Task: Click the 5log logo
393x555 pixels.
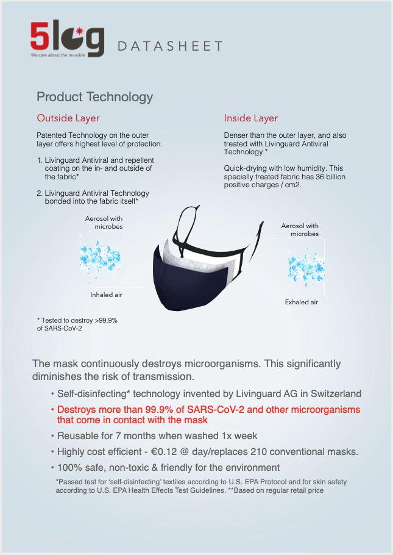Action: [x=67, y=39]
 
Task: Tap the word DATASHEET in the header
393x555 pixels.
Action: [x=170, y=46]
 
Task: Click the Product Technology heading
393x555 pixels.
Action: [x=95, y=97]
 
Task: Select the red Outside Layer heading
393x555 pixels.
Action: [x=68, y=118]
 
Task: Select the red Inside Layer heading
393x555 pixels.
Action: [x=251, y=118]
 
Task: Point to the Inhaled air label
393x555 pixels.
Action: [x=106, y=295]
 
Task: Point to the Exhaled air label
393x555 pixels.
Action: [x=302, y=302]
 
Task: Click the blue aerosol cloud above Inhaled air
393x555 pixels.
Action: [x=100, y=257]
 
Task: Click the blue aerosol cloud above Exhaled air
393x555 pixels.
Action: [x=306, y=268]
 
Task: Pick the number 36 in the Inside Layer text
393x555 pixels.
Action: [x=320, y=177]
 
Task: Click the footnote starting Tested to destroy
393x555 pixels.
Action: [x=77, y=324]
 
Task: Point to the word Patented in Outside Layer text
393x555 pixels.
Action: [x=51, y=135]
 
